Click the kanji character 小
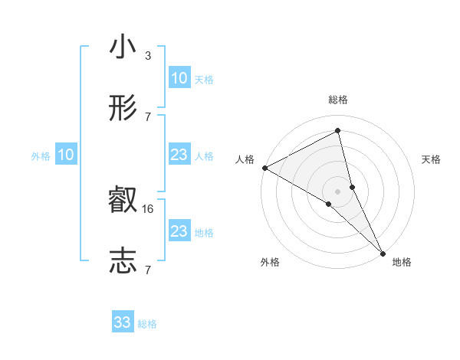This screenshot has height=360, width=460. pyautogui.click(x=123, y=47)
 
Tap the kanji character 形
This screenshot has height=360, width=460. pyautogui.click(x=123, y=109)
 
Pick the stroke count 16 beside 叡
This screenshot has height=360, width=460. pyautogui.click(x=149, y=208)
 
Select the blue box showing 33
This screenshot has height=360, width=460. pyautogui.click(x=123, y=322)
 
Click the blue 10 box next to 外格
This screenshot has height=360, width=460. pyautogui.click(x=65, y=155)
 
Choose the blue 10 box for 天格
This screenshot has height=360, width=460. pyautogui.click(x=179, y=78)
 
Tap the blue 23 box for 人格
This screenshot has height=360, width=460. pyautogui.click(x=179, y=155)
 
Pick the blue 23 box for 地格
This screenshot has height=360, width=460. pyautogui.click(x=179, y=231)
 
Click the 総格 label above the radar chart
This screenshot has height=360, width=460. pyautogui.click(x=338, y=100)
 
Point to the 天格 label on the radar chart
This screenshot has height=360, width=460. pyautogui.click(x=431, y=159)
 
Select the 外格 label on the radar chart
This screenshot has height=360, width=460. pyautogui.click(x=269, y=262)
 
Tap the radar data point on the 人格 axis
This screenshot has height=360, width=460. pyautogui.click(x=264, y=168)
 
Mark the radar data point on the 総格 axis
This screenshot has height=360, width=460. pyautogui.click(x=338, y=131)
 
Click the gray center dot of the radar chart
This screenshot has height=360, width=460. pyautogui.click(x=338, y=191)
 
